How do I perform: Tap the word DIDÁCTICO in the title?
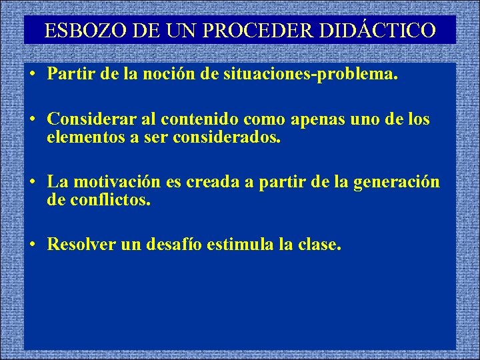point(389,31)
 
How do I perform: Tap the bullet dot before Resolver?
point(32,245)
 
